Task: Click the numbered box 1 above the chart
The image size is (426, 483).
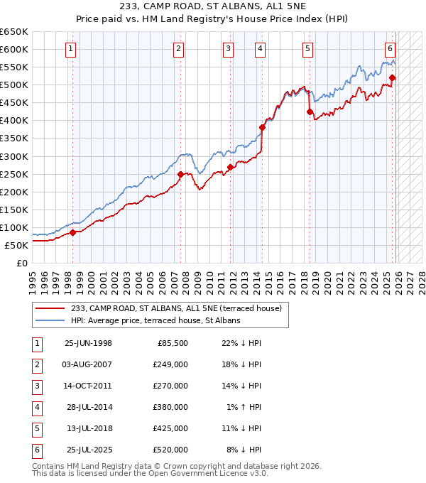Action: [x=72, y=49]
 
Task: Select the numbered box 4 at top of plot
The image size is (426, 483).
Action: [x=261, y=49]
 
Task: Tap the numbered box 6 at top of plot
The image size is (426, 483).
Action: [x=390, y=49]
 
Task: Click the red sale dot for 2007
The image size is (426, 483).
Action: [x=180, y=174]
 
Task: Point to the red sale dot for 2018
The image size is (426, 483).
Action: [x=309, y=112]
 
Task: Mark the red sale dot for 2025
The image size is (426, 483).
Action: [x=392, y=78]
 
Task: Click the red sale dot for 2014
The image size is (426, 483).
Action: [x=262, y=128]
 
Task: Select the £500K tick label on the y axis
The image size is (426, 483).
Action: [x=14, y=85]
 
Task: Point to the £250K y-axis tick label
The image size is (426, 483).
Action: [x=14, y=174]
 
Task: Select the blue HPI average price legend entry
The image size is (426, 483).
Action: [x=155, y=320]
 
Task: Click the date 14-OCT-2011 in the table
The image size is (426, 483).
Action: [x=88, y=386]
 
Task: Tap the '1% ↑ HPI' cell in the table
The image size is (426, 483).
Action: [x=242, y=407]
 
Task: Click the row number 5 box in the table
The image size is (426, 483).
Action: [x=35, y=428]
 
